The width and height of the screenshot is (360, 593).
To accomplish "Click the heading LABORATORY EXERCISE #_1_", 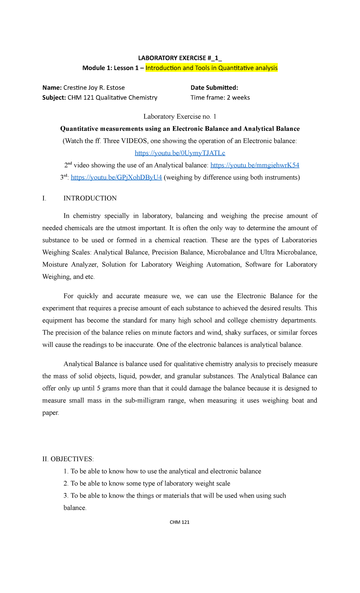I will (180, 58).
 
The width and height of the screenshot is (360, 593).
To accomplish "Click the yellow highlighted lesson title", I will (211, 68).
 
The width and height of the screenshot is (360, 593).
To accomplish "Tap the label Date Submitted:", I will (214, 88).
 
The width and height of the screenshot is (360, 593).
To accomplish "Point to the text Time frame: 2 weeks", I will (220, 98).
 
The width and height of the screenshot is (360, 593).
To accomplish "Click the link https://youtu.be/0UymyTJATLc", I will (180, 153).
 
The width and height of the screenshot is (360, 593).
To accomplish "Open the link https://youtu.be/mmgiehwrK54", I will (255, 165).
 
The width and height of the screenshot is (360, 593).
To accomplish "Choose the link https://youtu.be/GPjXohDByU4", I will (116, 177).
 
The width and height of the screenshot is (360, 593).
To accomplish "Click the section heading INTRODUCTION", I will (90, 198).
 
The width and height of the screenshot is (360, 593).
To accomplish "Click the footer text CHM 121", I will (179, 522).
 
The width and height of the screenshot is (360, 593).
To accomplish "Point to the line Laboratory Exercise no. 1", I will (180, 116).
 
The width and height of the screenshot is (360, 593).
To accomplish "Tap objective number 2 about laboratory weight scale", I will (147, 483).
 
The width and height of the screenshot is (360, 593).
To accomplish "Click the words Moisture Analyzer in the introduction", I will (70, 265).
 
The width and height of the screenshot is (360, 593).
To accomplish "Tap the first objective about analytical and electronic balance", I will (162, 471).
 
